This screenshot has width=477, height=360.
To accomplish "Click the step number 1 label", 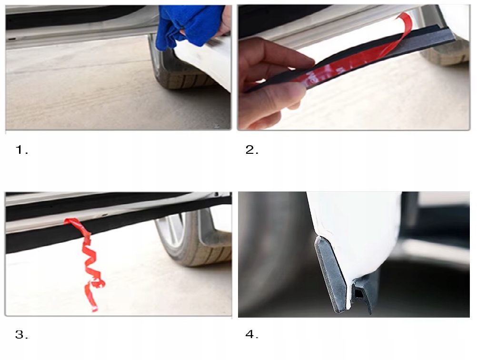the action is [x=21, y=150].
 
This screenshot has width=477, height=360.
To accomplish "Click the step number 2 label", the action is [x=252, y=150].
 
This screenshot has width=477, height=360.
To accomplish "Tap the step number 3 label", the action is [x=21, y=334].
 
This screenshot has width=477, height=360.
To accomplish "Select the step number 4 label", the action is [x=252, y=334].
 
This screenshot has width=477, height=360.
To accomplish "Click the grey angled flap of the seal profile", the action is [x=330, y=274].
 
